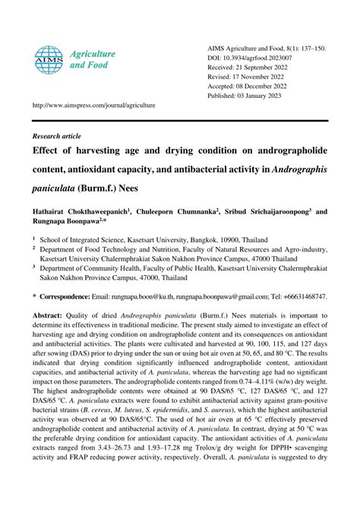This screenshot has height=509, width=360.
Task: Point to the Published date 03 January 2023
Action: [x=269, y=96]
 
